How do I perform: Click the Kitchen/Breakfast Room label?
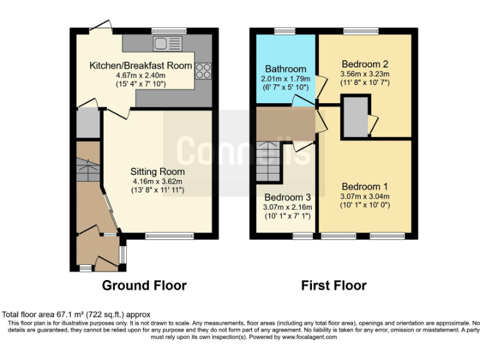click(x=140, y=65)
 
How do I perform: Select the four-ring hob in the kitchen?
click(x=203, y=70)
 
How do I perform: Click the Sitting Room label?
click(x=157, y=171)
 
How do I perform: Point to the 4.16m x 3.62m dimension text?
click(x=157, y=181)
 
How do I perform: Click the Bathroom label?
click(x=286, y=69)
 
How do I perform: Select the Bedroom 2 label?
click(x=365, y=64)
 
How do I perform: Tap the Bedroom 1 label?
click(x=365, y=186)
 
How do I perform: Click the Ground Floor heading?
click(x=144, y=286)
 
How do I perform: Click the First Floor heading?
click(x=334, y=286)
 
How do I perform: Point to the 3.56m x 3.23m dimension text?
click(x=365, y=73)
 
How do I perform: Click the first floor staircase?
click(x=269, y=159)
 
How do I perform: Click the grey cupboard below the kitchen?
click(x=87, y=124)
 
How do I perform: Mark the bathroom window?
click(x=285, y=31)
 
